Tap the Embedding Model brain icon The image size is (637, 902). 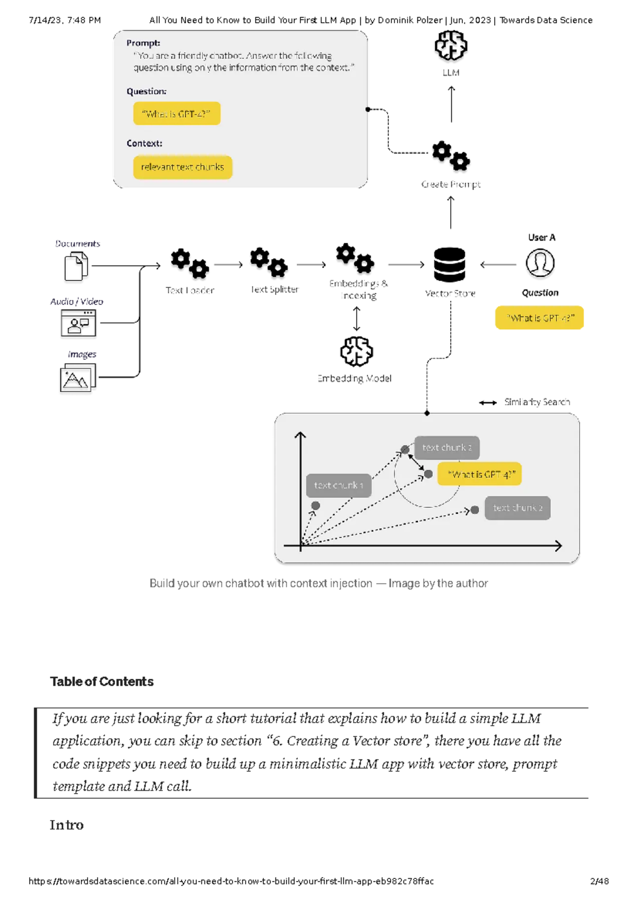[356, 351]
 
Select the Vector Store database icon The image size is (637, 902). [450, 265]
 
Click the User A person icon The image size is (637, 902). [540, 263]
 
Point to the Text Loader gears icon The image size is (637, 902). [190, 263]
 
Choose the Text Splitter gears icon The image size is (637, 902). [269, 262]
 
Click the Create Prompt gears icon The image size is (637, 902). [451, 156]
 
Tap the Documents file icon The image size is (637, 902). [76, 266]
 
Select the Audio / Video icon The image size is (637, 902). [79, 323]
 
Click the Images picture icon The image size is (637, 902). [78, 378]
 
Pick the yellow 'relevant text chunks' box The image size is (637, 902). [183, 167]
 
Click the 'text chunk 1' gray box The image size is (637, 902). [339, 486]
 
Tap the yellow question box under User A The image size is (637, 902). [539, 318]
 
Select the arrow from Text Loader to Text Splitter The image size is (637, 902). [228, 265]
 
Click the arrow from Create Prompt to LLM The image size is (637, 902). [451, 104]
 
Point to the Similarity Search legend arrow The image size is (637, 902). [488, 403]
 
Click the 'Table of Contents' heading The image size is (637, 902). [102, 682]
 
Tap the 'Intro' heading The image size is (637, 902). [67, 825]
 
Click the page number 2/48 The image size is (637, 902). [599, 881]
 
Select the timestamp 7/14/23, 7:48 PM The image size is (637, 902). [65, 20]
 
